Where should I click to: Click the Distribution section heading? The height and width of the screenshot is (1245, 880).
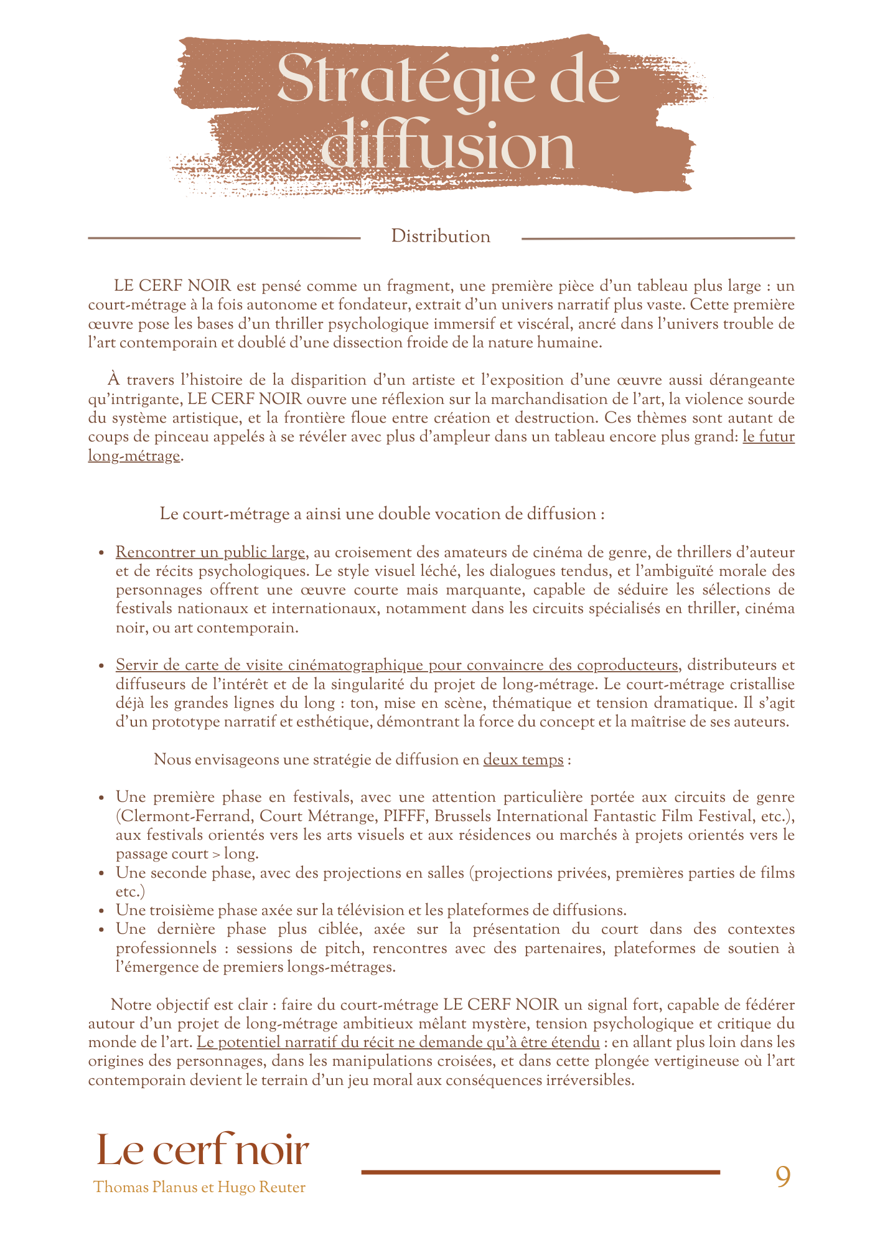pyautogui.click(x=441, y=237)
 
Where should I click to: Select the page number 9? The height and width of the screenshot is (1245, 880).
pyautogui.click(x=783, y=1177)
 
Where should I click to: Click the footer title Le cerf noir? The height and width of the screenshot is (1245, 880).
pyautogui.click(x=203, y=1150)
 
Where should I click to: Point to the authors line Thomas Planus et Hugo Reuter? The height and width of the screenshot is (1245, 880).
pyautogui.click(x=199, y=1188)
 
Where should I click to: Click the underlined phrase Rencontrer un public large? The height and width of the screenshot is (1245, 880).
pyautogui.click(x=210, y=552)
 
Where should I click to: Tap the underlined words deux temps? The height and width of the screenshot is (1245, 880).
pyautogui.click(x=523, y=759)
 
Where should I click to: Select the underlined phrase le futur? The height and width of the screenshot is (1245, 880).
pyautogui.click(x=769, y=436)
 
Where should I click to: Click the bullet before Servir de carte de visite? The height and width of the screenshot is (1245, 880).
pyautogui.click(x=101, y=666)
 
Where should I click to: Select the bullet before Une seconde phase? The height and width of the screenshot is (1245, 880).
pyautogui.click(x=101, y=873)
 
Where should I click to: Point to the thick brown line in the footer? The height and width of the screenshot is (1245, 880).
pyautogui.click(x=540, y=1172)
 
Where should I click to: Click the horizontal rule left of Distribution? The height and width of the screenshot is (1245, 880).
pyautogui.click(x=224, y=238)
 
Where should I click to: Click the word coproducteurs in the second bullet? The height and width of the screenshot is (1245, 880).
pyautogui.click(x=627, y=665)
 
